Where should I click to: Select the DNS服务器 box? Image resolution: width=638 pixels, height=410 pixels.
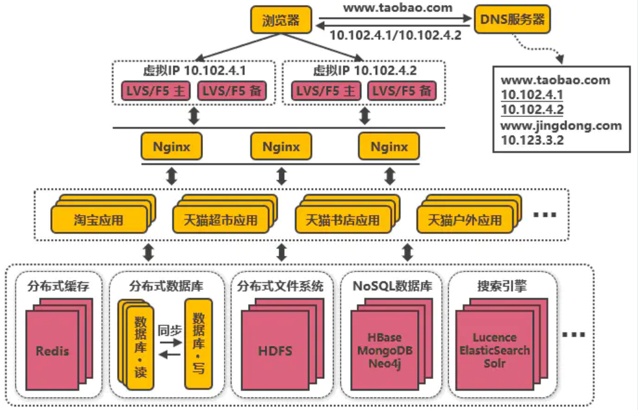pyautogui.click(x=512, y=20)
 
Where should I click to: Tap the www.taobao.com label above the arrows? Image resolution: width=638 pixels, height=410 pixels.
pyautogui.click(x=398, y=8)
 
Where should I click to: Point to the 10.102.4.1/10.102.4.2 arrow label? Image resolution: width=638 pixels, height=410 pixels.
pyautogui.click(x=395, y=35)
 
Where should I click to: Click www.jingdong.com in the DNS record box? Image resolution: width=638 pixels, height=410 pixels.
pyautogui.click(x=561, y=126)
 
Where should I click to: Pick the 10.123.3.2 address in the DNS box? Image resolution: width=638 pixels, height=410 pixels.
pyautogui.click(x=532, y=140)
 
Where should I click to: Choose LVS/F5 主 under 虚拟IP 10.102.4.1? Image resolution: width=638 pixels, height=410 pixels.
pyautogui.click(x=154, y=91)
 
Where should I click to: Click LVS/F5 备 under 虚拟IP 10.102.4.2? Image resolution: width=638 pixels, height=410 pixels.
pyautogui.click(x=401, y=91)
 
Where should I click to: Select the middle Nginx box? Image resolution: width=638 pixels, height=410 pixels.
pyautogui.click(x=281, y=147)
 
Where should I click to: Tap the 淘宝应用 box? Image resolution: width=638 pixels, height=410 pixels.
pyautogui.click(x=99, y=220)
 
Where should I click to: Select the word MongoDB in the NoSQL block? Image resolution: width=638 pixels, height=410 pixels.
pyautogui.click(x=386, y=351)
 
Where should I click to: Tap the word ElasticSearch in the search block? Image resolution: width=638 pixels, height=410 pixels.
pyautogui.click(x=494, y=350)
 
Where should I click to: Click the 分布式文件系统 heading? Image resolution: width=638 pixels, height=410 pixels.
pyautogui.click(x=280, y=286)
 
